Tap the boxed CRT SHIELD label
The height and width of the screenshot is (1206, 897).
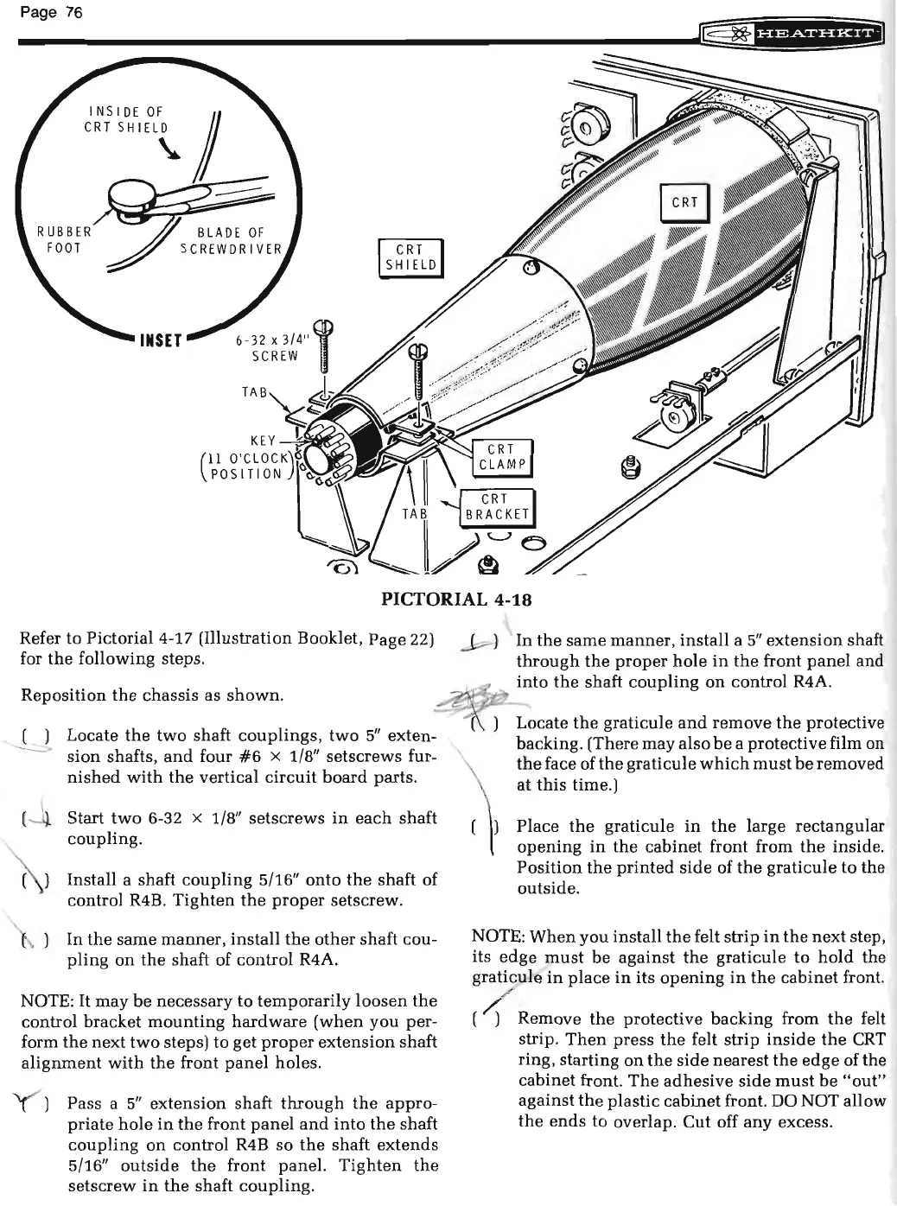pyautogui.click(x=411, y=257)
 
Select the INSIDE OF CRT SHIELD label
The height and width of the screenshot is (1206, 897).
pyautogui.click(x=126, y=119)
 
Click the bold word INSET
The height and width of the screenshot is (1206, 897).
pyautogui.click(x=161, y=339)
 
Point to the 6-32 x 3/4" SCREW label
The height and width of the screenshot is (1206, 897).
pyautogui.click(x=268, y=347)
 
